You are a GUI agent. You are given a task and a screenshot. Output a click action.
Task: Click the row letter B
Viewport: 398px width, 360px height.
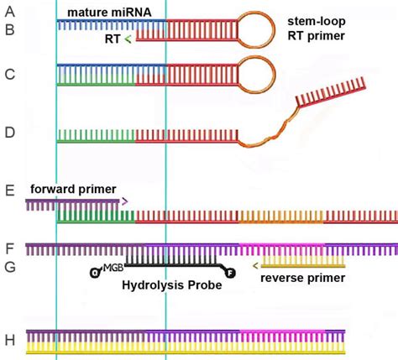point(9,32)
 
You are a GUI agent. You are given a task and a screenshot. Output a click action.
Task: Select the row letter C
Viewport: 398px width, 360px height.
point(9,75)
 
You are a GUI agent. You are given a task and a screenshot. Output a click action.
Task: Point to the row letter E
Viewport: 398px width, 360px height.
point(9,192)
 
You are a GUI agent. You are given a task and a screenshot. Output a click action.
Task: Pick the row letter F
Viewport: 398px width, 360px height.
point(9,249)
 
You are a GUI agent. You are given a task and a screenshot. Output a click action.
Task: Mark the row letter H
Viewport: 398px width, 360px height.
point(9,340)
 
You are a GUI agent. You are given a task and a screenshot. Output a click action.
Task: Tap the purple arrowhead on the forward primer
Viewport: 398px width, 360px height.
point(125,201)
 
